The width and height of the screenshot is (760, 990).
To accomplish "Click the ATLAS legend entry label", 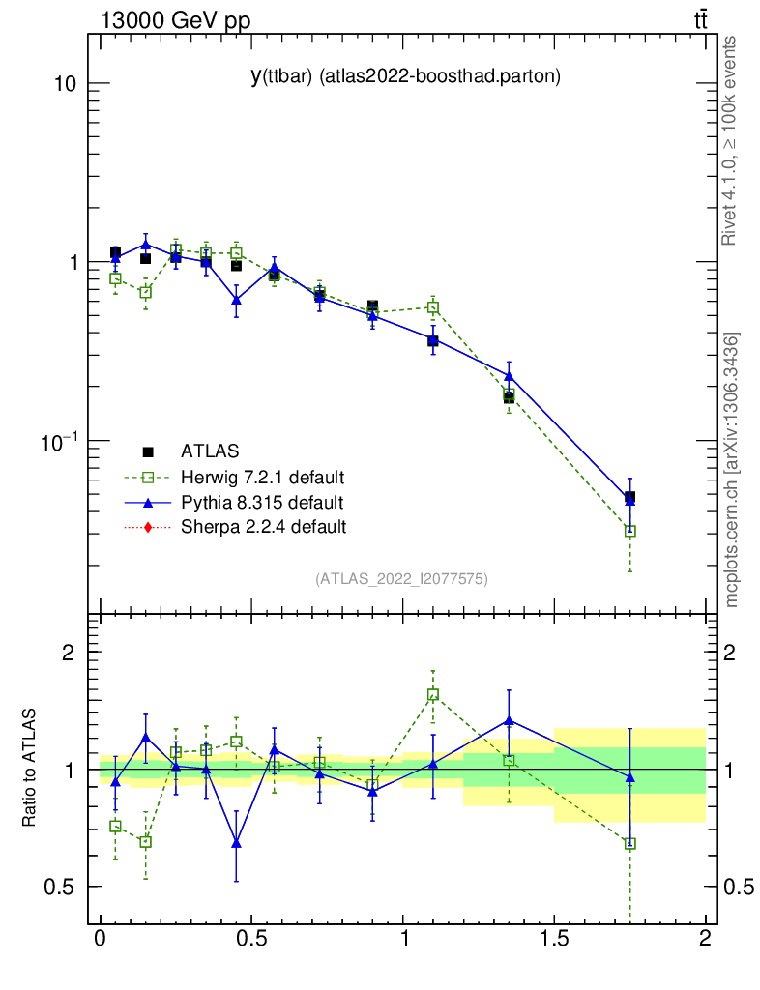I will tap(210, 451).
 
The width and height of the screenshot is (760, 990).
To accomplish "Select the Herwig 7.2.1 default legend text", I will tap(263, 477).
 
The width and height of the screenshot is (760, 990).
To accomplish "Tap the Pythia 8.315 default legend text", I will tap(262, 502).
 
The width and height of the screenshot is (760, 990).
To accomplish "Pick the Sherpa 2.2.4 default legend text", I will tap(263, 527).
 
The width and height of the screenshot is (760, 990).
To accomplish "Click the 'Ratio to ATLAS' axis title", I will tap(30, 769).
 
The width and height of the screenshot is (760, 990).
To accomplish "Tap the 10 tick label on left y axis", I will tap(65, 83).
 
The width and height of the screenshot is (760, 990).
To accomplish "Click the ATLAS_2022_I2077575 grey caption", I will tap(401, 579).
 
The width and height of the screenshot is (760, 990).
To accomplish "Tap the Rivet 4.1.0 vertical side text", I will tap(731, 140).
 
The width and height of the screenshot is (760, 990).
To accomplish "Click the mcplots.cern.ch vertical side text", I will tap(731, 470).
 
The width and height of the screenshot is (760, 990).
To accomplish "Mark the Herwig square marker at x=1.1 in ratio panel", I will tap(433, 694).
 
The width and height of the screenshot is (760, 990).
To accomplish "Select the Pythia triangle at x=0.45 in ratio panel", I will tap(236, 843).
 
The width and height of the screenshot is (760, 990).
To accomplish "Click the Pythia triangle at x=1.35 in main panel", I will tap(509, 376).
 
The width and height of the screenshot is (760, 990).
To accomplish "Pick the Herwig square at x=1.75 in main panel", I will tap(629, 531).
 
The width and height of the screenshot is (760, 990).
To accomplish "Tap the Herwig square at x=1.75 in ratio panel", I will tap(629, 843).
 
